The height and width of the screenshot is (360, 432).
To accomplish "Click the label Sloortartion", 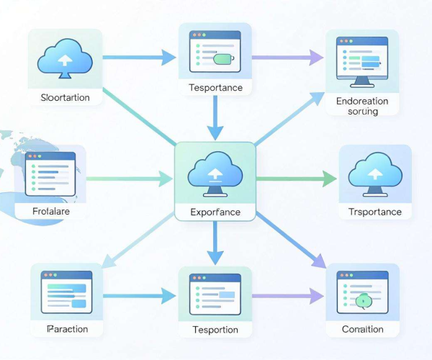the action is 65,97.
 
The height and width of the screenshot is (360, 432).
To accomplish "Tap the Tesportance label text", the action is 215,88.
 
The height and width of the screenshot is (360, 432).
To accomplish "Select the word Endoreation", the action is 362,101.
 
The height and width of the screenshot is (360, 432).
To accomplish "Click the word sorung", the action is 363,112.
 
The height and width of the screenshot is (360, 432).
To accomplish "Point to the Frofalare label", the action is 51,211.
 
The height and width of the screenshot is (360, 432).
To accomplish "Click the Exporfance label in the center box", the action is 215,212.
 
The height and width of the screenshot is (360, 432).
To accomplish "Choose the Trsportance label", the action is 374,212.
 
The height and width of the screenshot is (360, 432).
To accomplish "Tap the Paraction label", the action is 68,329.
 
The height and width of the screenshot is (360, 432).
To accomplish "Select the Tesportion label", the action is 215,330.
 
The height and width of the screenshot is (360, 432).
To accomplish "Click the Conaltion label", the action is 363,329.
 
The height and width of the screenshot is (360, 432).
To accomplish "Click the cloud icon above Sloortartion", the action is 65,58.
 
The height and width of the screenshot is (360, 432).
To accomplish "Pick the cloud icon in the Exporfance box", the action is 215,174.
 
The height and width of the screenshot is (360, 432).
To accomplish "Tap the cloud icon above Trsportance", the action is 375,174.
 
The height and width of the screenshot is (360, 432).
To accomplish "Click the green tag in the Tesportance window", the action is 224,59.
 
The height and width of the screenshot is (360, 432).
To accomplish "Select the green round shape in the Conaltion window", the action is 364,301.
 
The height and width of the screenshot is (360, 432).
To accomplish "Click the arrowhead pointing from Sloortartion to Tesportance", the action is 168,58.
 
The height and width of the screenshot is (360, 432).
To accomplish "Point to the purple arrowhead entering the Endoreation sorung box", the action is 316,58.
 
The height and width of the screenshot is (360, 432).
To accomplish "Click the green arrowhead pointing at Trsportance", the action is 329,179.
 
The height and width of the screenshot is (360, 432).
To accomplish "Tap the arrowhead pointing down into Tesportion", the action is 215,258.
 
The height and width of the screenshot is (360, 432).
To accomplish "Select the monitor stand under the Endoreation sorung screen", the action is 362,82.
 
